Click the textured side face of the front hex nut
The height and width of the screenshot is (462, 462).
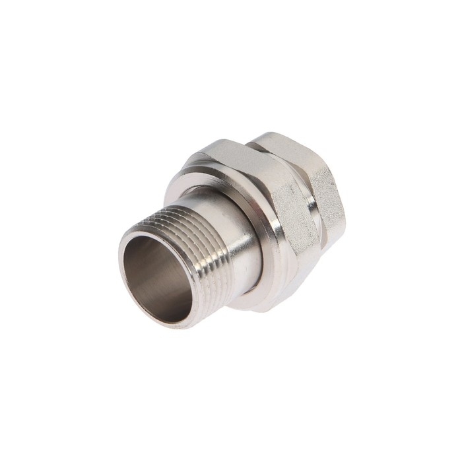(x=290, y=218)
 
